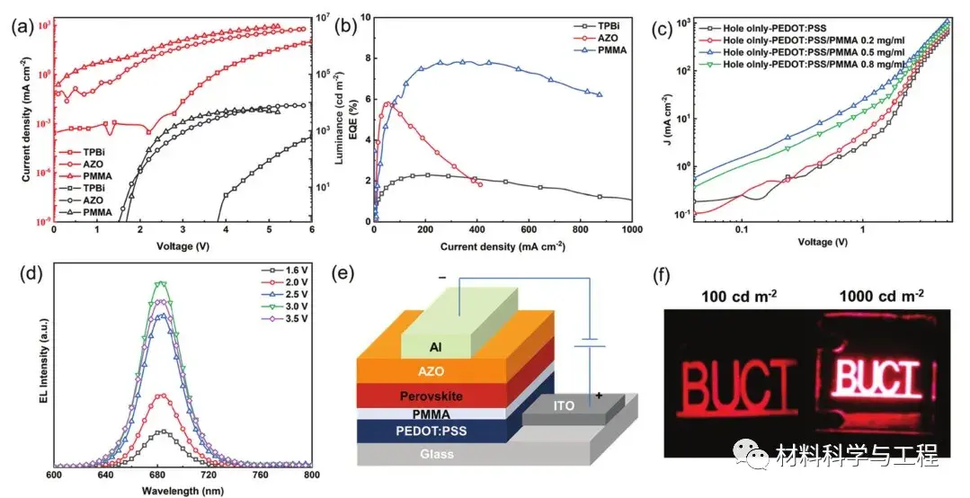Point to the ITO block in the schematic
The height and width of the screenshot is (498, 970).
pyautogui.click(x=564, y=407)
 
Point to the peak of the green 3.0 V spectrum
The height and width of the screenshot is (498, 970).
pyautogui.click(x=161, y=283)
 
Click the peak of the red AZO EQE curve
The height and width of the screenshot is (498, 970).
pyautogui.click(x=388, y=103)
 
